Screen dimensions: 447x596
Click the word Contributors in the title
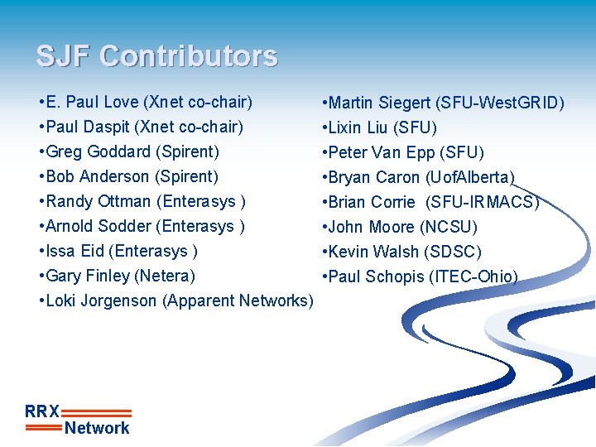coord(189,56)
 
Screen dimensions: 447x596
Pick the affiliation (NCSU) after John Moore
coord(449,227)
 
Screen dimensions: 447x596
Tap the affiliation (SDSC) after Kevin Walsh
coord(452,252)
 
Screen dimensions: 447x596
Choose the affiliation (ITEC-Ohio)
coord(474,276)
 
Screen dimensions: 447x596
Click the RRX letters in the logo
coord(42,411)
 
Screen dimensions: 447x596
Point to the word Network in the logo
coord(97,428)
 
